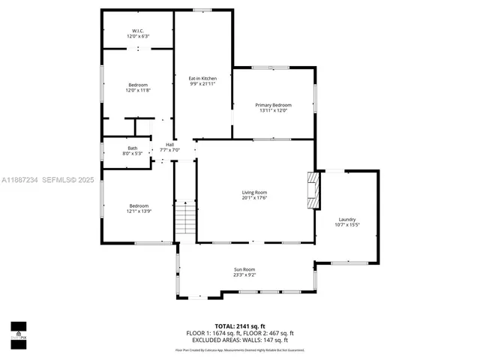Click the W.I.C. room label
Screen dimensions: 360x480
point(138,31)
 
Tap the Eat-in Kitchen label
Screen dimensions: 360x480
point(202,78)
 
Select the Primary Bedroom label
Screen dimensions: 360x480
point(273,105)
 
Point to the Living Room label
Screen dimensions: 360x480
point(254,193)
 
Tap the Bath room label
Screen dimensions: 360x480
point(132,148)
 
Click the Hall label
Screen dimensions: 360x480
point(169,144)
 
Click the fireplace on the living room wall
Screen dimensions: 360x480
point(313,190)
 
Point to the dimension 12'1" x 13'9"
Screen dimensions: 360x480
point(138,211)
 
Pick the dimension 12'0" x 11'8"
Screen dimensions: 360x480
point(138,91)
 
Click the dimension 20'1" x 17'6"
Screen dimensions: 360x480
point(254,199)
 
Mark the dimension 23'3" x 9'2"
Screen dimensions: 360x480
point(244,275)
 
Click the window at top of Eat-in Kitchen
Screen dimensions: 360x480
point(202,10)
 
